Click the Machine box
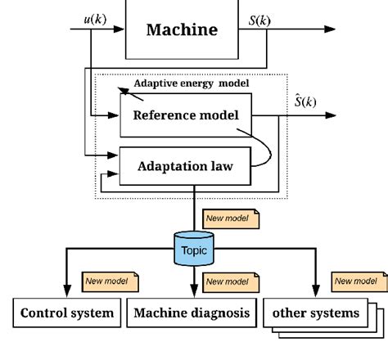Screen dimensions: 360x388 (182, 30)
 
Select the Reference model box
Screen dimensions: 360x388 (186, 115)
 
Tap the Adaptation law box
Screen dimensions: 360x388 (186, 167)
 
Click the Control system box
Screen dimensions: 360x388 (65, 313)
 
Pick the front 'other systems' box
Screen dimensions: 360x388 (315, 313)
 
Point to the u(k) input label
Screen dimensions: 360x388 (94, 18)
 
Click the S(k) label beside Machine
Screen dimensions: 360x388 (259, 18)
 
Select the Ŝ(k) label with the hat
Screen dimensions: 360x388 (305, 103)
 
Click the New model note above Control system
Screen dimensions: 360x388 (107, 281)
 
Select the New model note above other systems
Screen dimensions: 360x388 (358, 281)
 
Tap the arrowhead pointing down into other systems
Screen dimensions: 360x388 (315, 290)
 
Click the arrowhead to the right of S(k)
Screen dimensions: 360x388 (329, 29)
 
